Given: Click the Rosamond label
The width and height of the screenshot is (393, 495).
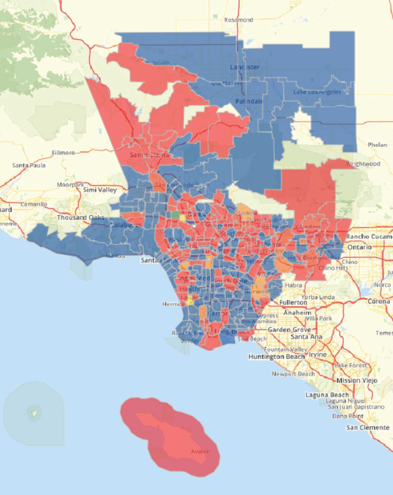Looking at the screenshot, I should (238, 20).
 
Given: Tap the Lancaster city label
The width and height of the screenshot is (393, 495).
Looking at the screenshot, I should (245, 67).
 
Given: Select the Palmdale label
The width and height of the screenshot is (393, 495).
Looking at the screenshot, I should (249, 101).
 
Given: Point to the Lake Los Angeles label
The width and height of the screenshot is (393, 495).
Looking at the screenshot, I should (317, 92).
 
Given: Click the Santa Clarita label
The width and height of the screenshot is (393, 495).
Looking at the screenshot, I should (149, 155).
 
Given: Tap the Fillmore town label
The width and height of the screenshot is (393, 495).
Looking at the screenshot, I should (63, 153).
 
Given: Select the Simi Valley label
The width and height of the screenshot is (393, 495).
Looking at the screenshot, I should (100, 190).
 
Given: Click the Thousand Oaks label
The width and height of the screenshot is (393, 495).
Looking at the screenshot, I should (81, 218).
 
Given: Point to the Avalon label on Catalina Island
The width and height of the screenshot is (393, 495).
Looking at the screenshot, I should (200, 451).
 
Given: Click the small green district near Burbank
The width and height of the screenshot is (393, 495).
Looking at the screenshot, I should (175, 215).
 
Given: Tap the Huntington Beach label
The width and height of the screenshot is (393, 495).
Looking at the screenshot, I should (276, 357).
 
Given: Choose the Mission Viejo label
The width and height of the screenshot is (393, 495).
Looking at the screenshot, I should (357, 380).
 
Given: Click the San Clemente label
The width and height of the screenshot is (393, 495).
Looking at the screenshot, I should (368, 427).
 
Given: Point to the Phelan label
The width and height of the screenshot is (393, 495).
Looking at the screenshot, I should (377, 145).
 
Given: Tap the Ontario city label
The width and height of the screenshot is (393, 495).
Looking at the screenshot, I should (359, 247).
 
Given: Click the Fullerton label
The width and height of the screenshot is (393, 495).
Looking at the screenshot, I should (293, 302).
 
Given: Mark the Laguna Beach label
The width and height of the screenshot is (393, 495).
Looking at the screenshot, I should (327, 395).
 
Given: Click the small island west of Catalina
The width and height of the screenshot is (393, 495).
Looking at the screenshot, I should (34, 413).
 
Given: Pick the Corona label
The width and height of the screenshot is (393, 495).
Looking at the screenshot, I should (378, 301).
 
